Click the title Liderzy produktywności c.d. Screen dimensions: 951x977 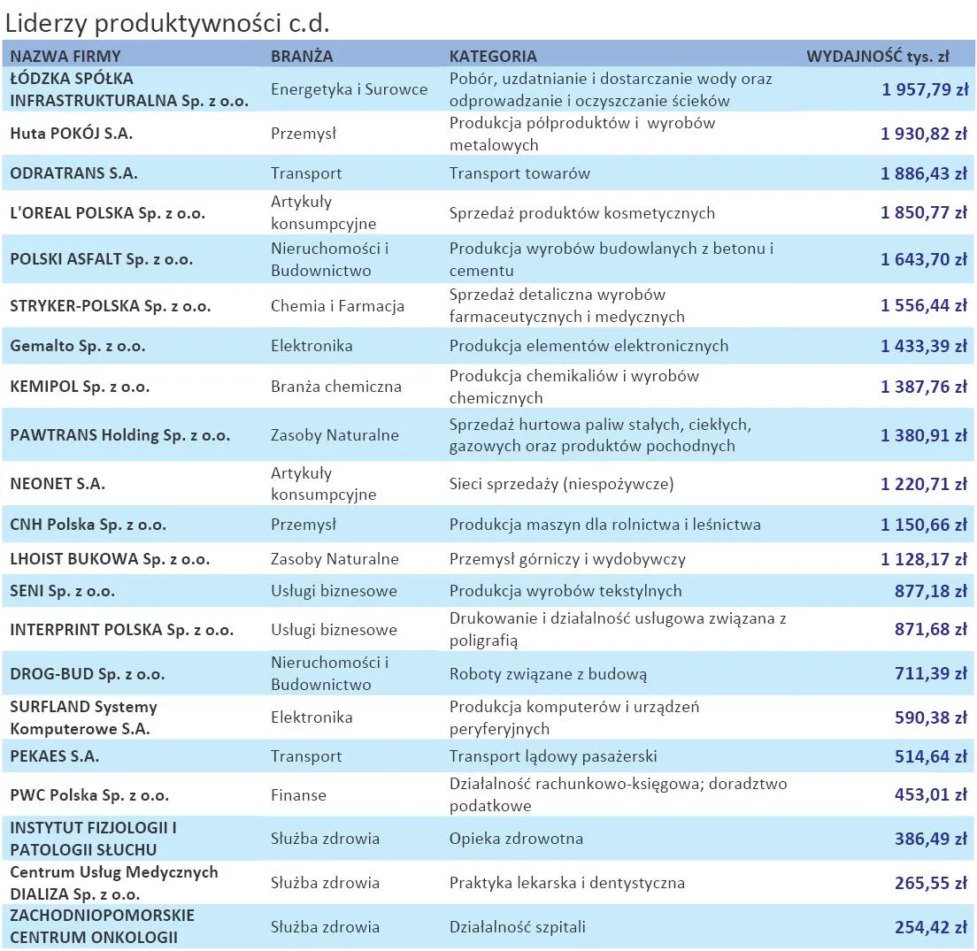[167, 22]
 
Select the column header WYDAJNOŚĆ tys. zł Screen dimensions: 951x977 [877, 57]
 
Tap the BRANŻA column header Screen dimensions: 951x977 [302, 57]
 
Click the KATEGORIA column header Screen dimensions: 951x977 [493, 57]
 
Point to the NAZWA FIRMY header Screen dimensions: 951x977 [65, 57]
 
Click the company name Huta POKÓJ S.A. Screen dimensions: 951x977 [72, 134]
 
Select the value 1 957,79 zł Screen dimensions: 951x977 [924, 89]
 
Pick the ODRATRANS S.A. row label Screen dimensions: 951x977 [73, 173]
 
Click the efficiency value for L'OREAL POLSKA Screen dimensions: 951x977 [924, 213]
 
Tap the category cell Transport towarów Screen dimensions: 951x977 [519, 173]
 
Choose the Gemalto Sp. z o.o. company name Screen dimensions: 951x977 [79, 346]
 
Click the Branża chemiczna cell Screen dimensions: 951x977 [336, 387]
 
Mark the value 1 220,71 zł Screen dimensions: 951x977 [924, 484]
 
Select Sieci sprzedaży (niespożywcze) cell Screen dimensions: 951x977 [561, 484]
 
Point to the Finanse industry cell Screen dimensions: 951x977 [298, 795]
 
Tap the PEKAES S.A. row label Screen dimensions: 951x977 [55, 756]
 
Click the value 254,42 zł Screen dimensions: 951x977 [930, 927]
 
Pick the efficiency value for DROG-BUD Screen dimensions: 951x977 [930, 674]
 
